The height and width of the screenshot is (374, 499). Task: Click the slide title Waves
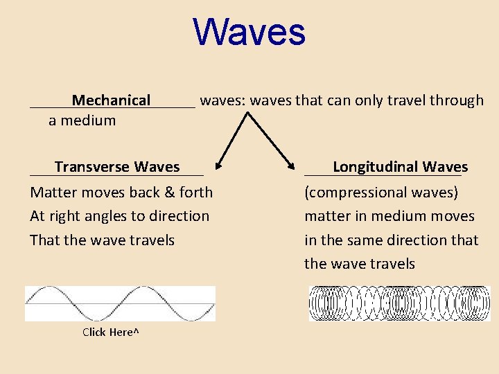coord(249,33)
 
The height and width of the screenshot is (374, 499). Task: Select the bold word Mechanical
coord(111,100)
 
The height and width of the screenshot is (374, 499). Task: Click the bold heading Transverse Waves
coord(117,167)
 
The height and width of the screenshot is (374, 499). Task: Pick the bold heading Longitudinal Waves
coord(400,167)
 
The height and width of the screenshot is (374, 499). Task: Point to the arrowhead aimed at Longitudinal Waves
coord(292,164)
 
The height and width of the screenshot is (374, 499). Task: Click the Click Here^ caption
coord(111,332)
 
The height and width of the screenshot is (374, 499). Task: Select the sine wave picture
coord(120,303)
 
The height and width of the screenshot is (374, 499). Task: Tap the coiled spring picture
coord(399,303)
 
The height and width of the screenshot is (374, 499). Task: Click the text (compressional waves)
coord(381,193)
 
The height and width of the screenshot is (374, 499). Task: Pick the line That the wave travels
coord(102,240)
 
